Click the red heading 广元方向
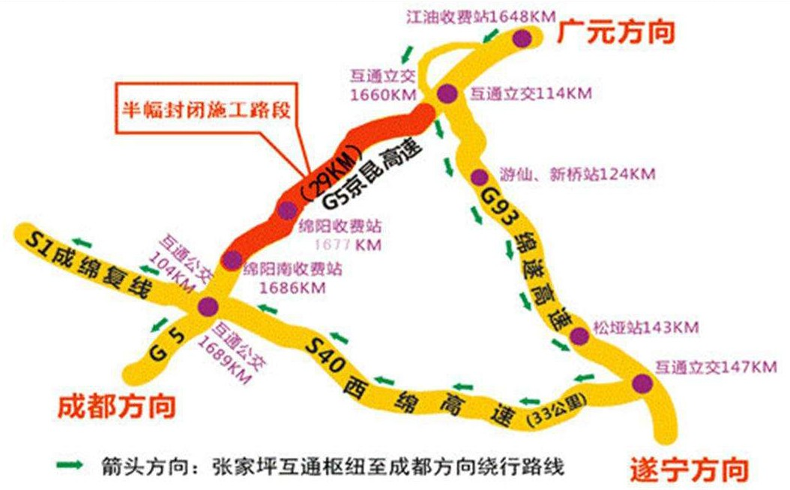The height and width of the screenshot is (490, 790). pos(616,32)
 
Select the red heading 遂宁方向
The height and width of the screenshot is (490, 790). pos(687,470)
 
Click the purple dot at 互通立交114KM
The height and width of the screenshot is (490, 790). pos(447,94)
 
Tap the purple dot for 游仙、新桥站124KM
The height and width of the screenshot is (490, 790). pos(479,178)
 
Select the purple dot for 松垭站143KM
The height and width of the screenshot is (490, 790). pos(579,336)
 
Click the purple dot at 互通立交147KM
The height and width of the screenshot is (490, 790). pos(642,383)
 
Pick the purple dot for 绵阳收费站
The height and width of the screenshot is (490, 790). pos(287,211)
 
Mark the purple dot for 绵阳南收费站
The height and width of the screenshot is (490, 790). pos(232,260)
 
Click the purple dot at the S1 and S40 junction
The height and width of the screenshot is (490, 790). pos(208,306)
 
